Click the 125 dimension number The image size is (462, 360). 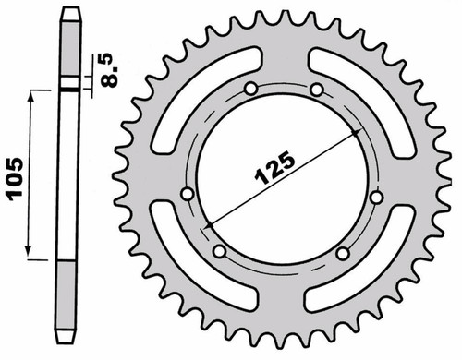pos(274,168)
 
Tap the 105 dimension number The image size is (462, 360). pos(16,179)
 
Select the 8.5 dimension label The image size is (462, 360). pos(108,71)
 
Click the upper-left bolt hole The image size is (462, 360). pos(251,89)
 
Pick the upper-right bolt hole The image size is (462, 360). pos(317,90)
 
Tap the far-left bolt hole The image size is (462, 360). pos(187,194)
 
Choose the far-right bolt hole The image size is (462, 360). pos(376,198)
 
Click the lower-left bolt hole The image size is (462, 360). pos(220,251)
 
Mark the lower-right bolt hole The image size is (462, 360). pos(343,253)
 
